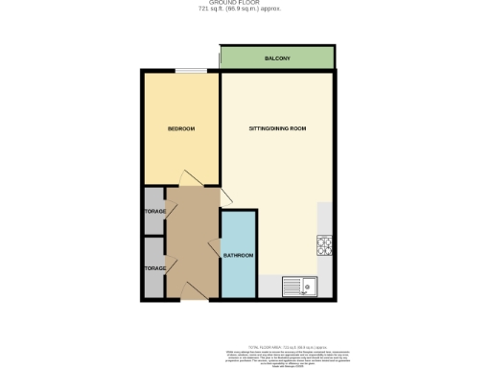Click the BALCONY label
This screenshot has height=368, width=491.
(278, 59)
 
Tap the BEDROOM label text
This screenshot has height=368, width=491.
(181, 128)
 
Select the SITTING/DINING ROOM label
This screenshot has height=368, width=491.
(277, 128)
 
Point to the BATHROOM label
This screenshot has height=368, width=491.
(238, 256)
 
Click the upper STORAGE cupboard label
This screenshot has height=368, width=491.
(154, 211)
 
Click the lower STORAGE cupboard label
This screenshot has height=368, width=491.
(154, 268)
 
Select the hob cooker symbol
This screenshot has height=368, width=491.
(323, 245)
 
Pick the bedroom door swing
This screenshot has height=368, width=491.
(189, 179)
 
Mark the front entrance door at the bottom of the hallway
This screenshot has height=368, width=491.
(192, 292)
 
